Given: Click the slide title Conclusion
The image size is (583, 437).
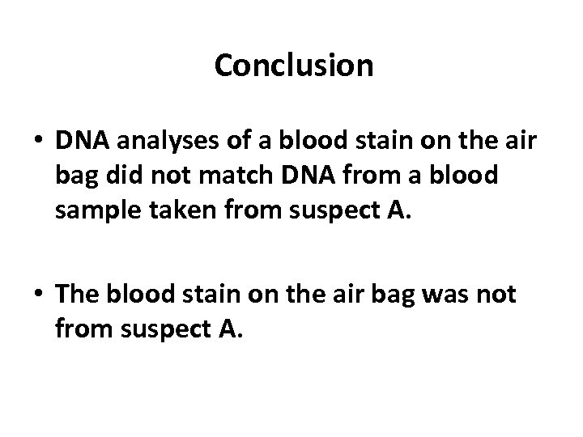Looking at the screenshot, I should click(294, 66).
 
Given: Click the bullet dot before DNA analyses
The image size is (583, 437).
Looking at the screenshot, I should click(39, 142).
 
